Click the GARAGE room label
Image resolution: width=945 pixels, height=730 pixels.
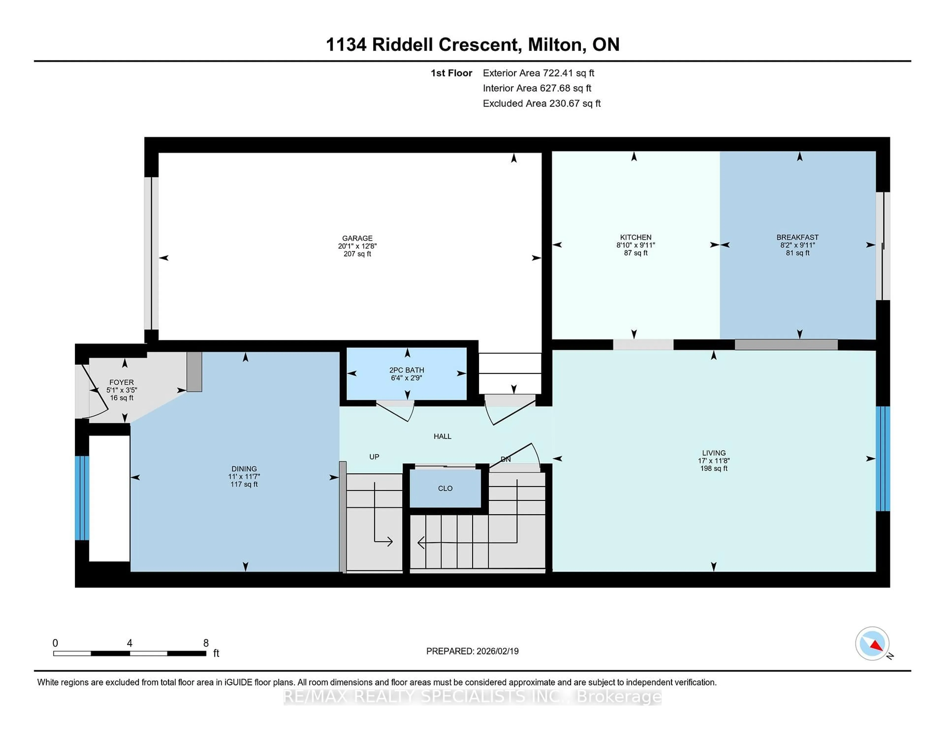point(357,238)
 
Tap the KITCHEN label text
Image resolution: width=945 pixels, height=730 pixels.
point(635,237)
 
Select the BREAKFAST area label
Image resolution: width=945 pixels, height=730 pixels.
point(797,237)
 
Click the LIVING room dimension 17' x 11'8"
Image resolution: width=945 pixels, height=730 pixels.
point(713,461)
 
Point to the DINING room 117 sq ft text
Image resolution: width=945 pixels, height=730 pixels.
point(244,484)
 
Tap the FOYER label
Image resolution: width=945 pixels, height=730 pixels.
point(122,382)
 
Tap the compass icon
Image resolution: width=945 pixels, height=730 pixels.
point(872,643)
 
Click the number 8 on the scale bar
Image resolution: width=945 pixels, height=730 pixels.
point(206,643)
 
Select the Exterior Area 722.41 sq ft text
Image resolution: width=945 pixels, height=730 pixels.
point(538,73)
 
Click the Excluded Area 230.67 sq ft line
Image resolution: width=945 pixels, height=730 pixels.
point(541,103)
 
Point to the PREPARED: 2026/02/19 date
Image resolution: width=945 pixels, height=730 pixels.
point(472,651)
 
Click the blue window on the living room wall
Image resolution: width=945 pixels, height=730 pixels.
point(883,459)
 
